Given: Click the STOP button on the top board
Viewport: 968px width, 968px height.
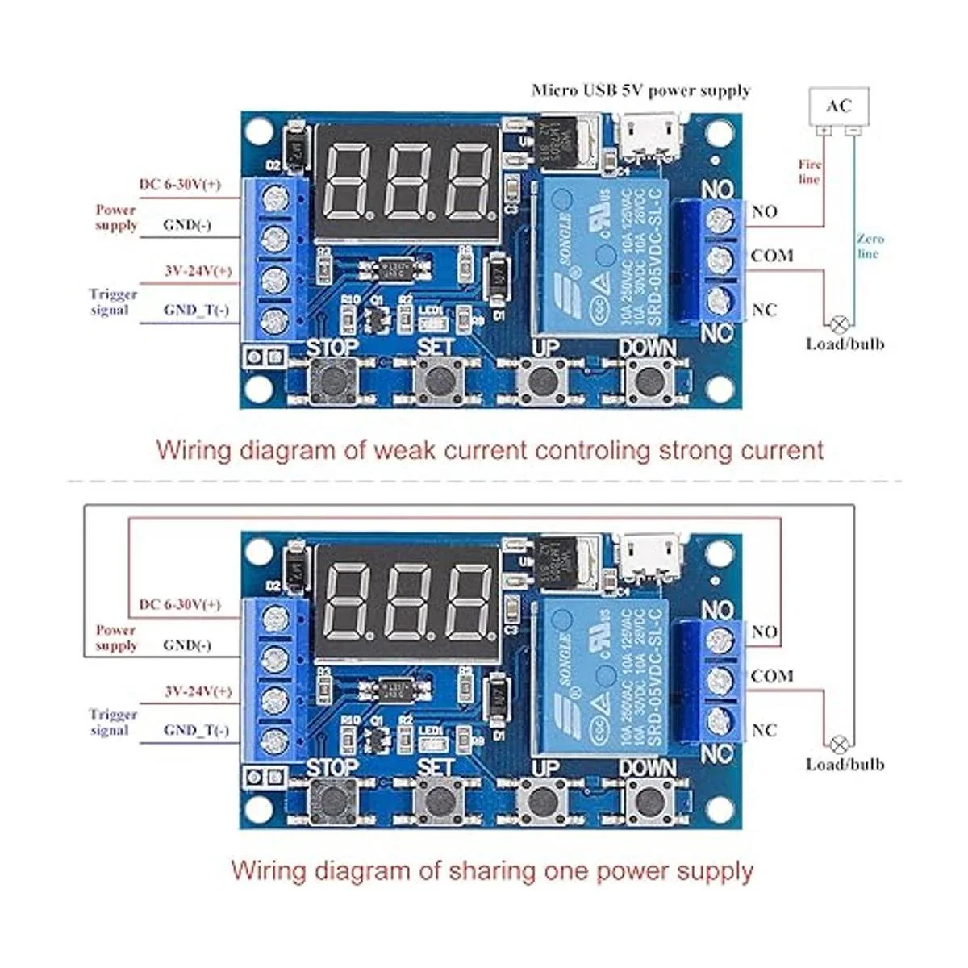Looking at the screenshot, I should [332, 378].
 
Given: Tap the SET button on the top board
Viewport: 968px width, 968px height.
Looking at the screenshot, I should [436, 378].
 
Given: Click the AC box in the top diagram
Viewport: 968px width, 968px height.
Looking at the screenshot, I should [839, 106].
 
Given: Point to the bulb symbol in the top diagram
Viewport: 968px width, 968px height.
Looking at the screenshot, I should [840, 324].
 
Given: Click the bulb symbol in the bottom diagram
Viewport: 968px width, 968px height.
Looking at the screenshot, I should [840, 744].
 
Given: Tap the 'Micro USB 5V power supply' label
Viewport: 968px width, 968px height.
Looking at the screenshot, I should [640, 90].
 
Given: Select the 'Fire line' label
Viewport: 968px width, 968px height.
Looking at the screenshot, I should [810, 172].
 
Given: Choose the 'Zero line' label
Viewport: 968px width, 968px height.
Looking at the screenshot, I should [870, 246].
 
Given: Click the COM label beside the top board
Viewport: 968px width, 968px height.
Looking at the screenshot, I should [772, 256].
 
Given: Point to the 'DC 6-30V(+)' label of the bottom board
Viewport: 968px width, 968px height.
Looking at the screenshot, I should [180, 604].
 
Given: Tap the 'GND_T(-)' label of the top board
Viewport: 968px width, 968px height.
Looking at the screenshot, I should [196, 311].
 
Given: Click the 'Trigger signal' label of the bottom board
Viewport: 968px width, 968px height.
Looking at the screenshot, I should [113, 722].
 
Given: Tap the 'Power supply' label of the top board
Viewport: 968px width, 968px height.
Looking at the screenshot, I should [116, 217].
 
